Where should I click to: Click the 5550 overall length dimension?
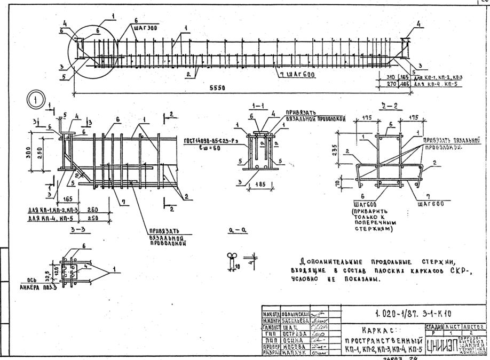coord(217,87)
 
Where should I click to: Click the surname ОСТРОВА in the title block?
coord(289,331)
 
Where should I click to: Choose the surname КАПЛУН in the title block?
coord(289,352)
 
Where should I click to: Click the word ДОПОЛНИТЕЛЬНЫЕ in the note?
coord(330,262)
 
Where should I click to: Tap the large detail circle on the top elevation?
coord(92,52)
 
